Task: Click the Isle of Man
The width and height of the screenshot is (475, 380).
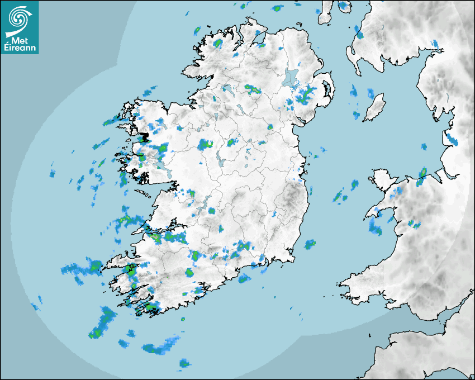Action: tap(374, 108)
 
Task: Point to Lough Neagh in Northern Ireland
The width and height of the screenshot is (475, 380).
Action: tap(291, 77)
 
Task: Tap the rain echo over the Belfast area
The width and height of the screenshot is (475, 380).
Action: tap(304, 96)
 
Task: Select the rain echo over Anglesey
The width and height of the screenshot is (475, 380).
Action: tap(421, 176)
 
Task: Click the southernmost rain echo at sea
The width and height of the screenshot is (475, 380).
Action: tap(184, 363)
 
